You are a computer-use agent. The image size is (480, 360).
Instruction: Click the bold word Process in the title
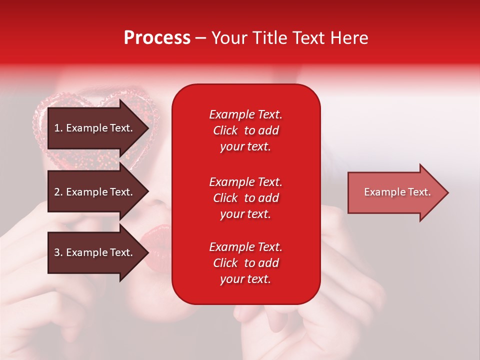pyautogui.click(x=157, y=38)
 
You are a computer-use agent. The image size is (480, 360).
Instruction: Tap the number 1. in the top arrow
pyautogui.click(x=58, y=128)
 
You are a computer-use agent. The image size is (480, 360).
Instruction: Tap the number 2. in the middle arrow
pyautogui.click(x=58, y=192)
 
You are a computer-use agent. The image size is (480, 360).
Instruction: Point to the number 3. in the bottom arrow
pyautogui.click(x=58, y=252)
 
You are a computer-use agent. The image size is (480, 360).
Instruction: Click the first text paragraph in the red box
pyautogui.click(x=245, y=130)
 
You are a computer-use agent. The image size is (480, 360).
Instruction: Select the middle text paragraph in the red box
pyautogui.click(x=245, y=198)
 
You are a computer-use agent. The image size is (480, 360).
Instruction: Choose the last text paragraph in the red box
pyautogui.click(x=245, y=263)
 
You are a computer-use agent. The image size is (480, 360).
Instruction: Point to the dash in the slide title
pyautogui.click(x=200, y=38)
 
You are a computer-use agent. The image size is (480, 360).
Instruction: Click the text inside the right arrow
pyautogui.click(x=397, y=192)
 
